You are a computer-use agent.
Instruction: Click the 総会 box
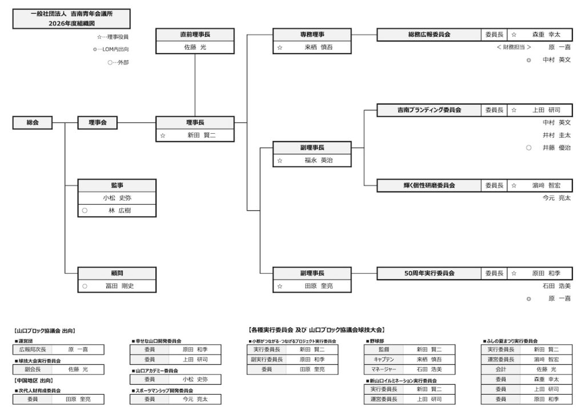click(33, 122)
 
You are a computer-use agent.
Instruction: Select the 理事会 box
click(97, 122)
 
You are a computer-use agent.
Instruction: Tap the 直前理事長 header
click(195, 34)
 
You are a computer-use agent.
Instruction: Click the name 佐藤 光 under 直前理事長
click(195, 47)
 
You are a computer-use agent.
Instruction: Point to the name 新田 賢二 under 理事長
click(202, 135)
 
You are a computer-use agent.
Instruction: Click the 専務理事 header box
click(312, 34)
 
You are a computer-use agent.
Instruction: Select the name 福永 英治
click(319, 160)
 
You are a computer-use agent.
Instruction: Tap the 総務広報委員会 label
click(429, 34)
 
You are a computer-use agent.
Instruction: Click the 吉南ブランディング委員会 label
click(429, 110)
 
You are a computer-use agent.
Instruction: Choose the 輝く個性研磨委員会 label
click(429, 185)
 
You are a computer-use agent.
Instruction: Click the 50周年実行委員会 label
click(429, 273)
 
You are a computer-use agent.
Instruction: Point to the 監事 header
click(117, 185)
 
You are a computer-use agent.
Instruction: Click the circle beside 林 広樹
click(85, 210)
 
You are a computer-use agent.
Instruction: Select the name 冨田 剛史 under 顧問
click(119, 286)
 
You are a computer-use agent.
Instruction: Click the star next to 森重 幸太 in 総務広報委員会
click(514, 35)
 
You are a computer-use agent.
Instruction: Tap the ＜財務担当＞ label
click(514, 47)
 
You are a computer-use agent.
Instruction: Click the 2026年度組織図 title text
click(71, 23)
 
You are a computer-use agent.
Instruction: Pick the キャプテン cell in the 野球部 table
click(383, 360)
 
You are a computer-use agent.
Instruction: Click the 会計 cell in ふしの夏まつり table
click(500, 369)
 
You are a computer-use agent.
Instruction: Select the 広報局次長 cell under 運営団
click(33, 349)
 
